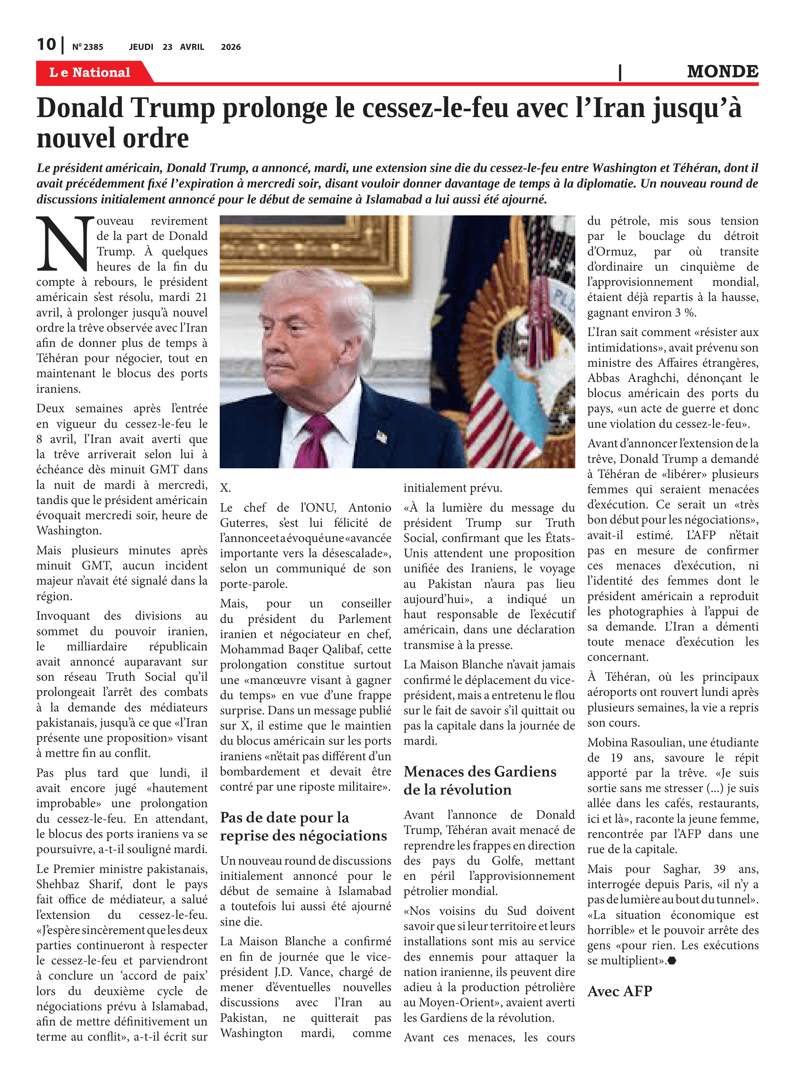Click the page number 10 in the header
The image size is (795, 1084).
point(46,45)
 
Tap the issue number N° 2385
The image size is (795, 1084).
point(87,47)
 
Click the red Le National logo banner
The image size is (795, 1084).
point(90,73)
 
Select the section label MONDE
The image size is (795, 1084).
point(722,72)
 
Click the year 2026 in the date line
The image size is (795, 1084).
point(231,47)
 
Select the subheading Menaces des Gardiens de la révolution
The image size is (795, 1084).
point(480,780)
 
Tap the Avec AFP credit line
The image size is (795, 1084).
point(619,991)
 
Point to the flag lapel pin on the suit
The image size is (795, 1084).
point(381,436)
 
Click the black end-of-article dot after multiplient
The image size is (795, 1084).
point(672,961)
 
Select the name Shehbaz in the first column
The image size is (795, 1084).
point(59,884)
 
